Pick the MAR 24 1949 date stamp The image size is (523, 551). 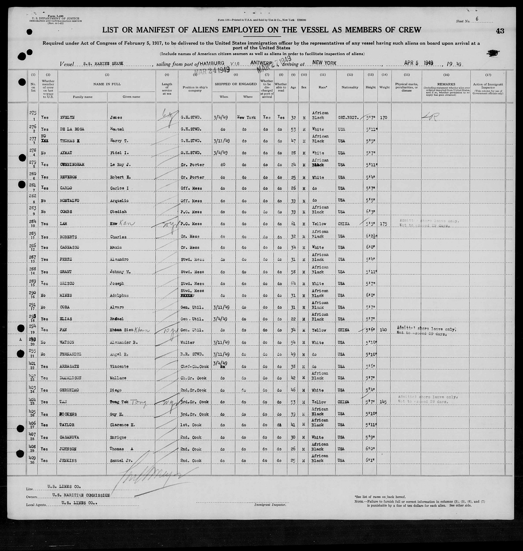[212, 70]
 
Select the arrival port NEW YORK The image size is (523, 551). [324, 63]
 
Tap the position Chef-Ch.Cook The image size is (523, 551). [195, 366]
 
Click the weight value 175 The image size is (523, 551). [384, 224]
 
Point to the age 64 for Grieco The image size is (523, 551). [293, 283]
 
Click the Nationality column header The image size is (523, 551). [350, 87]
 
